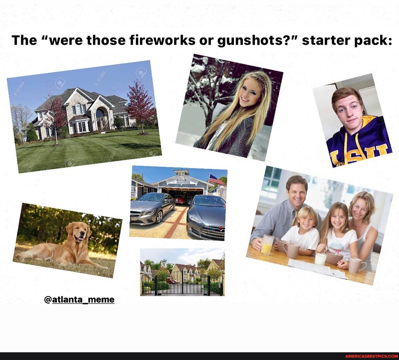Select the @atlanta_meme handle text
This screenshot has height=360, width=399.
pyautogui.click(x=79, y=299)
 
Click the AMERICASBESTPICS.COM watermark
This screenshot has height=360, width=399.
pyautogui.click(x=371, y=356)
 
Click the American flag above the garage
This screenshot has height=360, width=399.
pyautogui.click(x=216, y=180)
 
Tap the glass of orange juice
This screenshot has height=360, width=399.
pyautogui.click(x=267, y=245)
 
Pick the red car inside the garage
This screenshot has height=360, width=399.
pyautogui.click(x=179, y=199)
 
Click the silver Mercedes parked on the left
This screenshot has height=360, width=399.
pyautogui.click(x=152, y=208)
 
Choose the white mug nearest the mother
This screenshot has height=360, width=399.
pyautogui.click(x=356, y=265)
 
